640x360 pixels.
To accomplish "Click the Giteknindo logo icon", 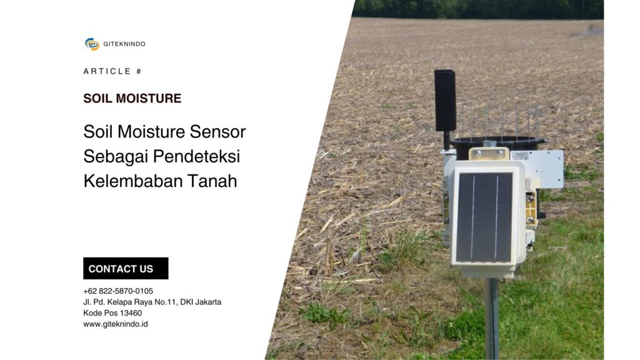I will point(92,44).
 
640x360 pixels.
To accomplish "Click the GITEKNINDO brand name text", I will point(124,44).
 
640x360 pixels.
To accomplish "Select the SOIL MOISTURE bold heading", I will point(132,98).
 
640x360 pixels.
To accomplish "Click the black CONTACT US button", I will point(126,269).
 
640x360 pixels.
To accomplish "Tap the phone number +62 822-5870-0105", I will point(118,291).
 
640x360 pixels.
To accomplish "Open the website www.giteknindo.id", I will point(116,324).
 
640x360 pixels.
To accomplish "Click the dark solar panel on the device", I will point(484,216).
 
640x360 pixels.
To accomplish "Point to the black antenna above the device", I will point(445,100).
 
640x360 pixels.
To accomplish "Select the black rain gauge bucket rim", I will point(497,141).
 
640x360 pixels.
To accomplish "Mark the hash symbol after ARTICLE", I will point(139,71).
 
